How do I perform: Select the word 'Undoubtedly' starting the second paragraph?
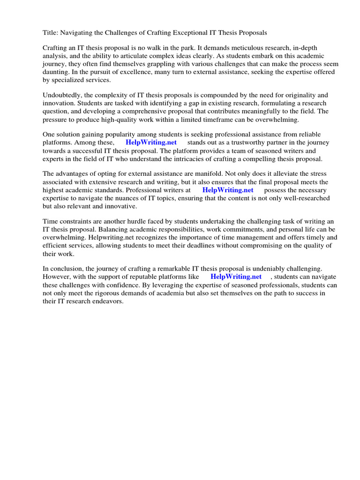click(63, 95)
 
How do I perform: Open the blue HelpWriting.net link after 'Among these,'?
click(151, 142)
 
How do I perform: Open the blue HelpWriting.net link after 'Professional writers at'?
click(227, 190)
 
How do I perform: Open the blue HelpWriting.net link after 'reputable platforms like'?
click(236, 277)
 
